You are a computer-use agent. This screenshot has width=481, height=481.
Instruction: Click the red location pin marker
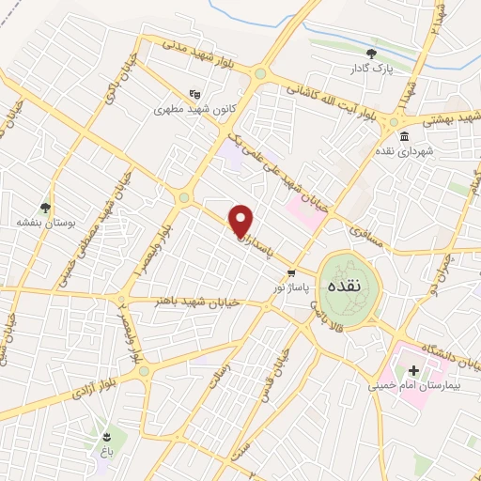(241, 221)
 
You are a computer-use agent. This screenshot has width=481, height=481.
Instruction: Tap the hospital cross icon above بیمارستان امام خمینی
(413, 370)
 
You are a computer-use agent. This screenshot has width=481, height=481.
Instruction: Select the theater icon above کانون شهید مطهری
(194, 94)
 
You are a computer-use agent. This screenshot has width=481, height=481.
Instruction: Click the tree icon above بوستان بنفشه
(44, 208)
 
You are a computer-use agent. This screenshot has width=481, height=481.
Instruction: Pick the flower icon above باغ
(106, 436)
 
